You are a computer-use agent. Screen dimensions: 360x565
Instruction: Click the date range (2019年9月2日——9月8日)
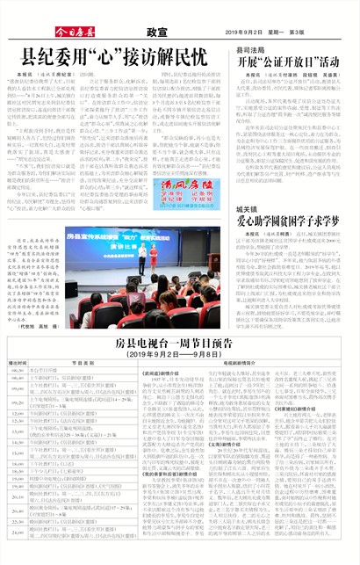[180, 354]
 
